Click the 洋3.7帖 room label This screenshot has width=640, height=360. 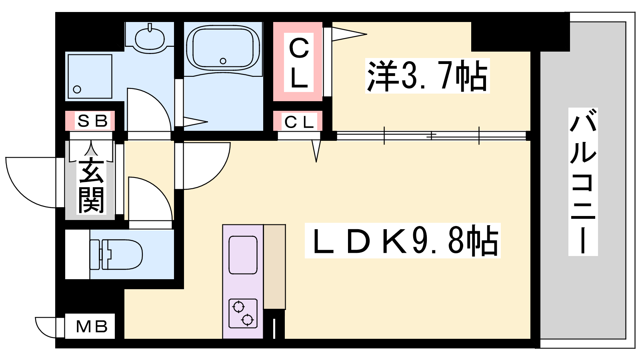point(427,76)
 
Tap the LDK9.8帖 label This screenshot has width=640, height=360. point(402,240)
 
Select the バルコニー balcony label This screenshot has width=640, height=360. point(583,182)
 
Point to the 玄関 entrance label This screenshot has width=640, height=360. point(91,186)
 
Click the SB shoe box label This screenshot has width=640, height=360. point(92,121)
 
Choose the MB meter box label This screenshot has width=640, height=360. point(92,326)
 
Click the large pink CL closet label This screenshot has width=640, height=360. point(298,62)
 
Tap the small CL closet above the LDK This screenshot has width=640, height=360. point(299,122)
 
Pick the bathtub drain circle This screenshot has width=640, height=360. point(223,61)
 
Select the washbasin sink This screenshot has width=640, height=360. point(150,39)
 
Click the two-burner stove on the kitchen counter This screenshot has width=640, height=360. point(243,314)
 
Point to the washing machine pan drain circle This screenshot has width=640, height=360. point(77,90)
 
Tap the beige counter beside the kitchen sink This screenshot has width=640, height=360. point(274,266)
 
